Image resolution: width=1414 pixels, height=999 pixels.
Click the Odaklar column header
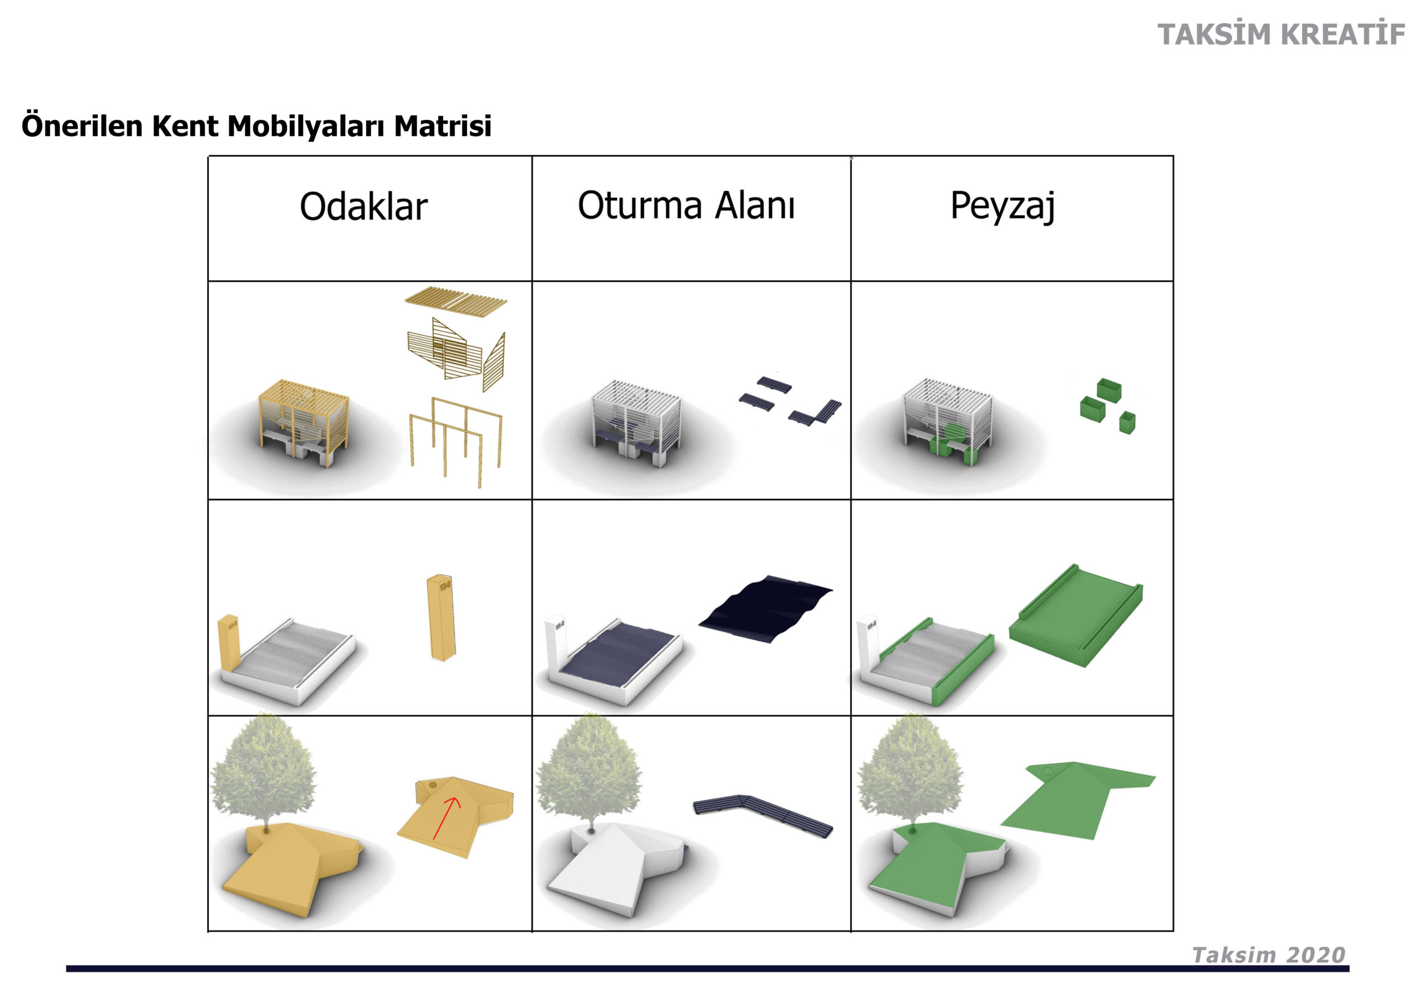point(363,206)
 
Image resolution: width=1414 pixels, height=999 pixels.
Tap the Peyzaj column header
point(1003,206)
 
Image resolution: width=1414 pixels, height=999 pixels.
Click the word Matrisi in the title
point(443,126)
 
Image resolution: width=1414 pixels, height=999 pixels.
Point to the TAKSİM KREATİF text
point(1281,34)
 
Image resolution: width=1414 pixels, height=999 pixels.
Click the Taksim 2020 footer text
point(1269,955)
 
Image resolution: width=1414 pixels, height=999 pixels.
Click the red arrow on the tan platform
point(446,817)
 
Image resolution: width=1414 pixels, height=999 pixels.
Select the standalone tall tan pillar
point(440,618)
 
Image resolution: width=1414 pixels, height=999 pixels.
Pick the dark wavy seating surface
point(766,609)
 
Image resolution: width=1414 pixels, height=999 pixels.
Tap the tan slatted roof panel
point(456,299)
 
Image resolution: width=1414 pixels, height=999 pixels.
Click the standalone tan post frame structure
point(456,442)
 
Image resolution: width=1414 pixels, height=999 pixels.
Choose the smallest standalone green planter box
point(1127,422)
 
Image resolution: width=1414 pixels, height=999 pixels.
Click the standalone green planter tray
point(1075,615)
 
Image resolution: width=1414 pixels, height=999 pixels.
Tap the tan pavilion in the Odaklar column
point(304,423)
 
